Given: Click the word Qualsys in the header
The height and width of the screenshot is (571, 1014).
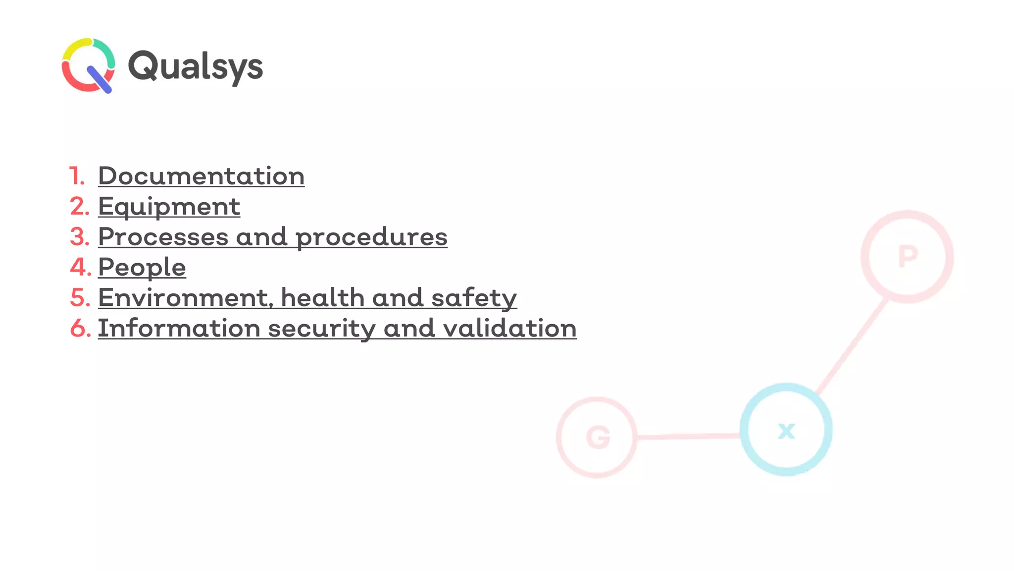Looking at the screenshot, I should click(195, 66).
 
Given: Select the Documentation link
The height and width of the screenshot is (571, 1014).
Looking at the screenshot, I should click(201, 176).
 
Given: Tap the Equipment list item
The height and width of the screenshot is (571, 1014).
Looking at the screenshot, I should click(169, 207).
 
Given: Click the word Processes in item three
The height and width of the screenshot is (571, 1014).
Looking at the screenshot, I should click(163, 237).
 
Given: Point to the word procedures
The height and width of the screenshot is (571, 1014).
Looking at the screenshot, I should click(371, 237).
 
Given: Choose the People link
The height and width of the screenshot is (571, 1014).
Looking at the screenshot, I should click(142, 268).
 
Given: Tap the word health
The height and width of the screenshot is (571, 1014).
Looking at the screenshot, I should click(322, 298).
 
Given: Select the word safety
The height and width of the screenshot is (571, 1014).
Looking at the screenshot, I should click(474, 298).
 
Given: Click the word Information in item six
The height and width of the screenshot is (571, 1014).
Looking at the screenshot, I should click(179, 328).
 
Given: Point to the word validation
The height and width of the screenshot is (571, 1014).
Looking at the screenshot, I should click(509, 328).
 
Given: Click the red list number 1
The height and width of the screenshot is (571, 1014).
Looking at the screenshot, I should click(76, 176).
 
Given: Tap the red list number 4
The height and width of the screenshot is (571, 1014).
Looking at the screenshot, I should click(80, 268).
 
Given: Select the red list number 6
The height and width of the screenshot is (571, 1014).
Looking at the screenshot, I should click(80, 328).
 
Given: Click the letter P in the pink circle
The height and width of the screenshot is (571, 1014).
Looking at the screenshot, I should click(908, 257).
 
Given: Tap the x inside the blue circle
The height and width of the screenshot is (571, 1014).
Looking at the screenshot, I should click(786, 430).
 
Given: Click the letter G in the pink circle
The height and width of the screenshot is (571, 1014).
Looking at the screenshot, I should click(598, 438).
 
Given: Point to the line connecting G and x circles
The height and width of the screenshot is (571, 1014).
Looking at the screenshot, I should click(688, 437).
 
